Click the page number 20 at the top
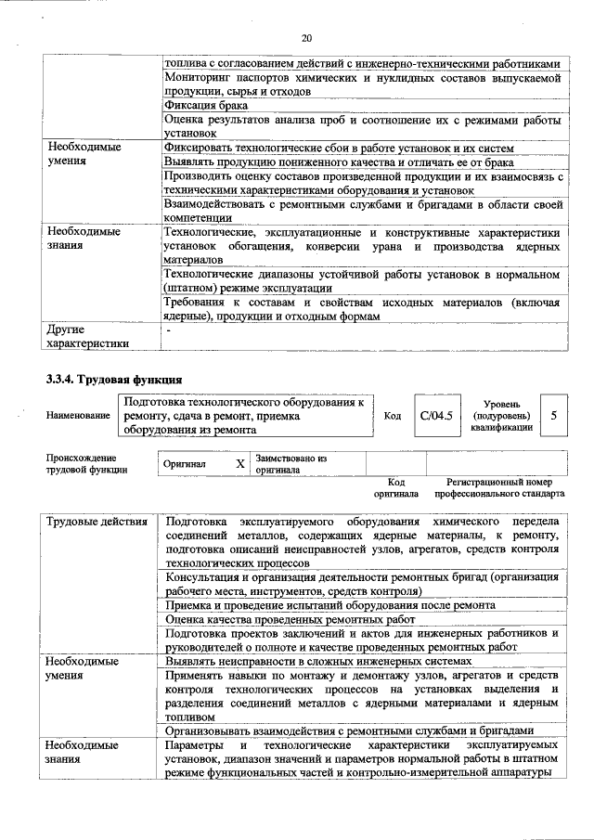point(307,38)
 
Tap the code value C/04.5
point(436,416)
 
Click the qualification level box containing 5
point(554,416)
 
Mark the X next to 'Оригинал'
point(239,462)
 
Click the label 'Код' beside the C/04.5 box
point(393,416)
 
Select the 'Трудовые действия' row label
point(97,522)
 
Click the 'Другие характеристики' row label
point(80,336)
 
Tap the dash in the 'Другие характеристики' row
point(168,330)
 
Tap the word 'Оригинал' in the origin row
point(185,462)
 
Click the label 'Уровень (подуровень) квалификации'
point(500,416)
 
